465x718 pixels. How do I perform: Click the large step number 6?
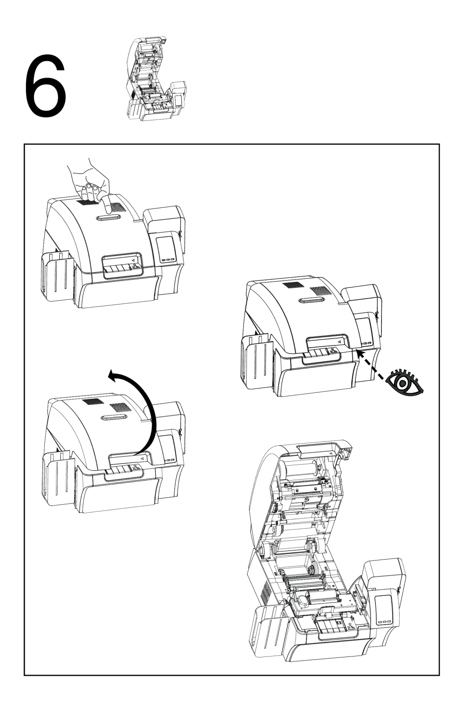pos(46,86)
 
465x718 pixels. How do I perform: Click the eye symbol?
pos(404,382)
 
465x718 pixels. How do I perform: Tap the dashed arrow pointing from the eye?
pos(372,366)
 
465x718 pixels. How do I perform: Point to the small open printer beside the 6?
pos(155,79)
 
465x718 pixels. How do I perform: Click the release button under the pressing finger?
pos(108,218)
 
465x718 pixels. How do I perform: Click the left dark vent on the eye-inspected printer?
pos(292,287)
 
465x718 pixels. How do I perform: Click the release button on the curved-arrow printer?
pos(113,418)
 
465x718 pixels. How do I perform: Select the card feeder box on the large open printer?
pos(382,577)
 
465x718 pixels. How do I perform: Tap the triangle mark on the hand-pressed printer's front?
pos(132,259)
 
